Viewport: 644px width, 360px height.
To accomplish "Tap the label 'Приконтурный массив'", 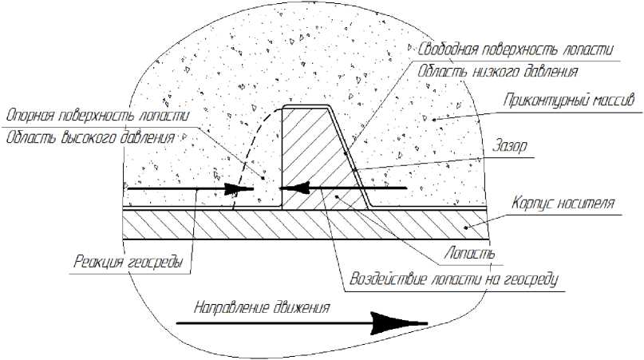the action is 569,101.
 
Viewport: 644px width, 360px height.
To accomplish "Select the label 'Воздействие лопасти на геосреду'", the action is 452,280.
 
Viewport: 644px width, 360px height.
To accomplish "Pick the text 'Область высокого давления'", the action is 89,136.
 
